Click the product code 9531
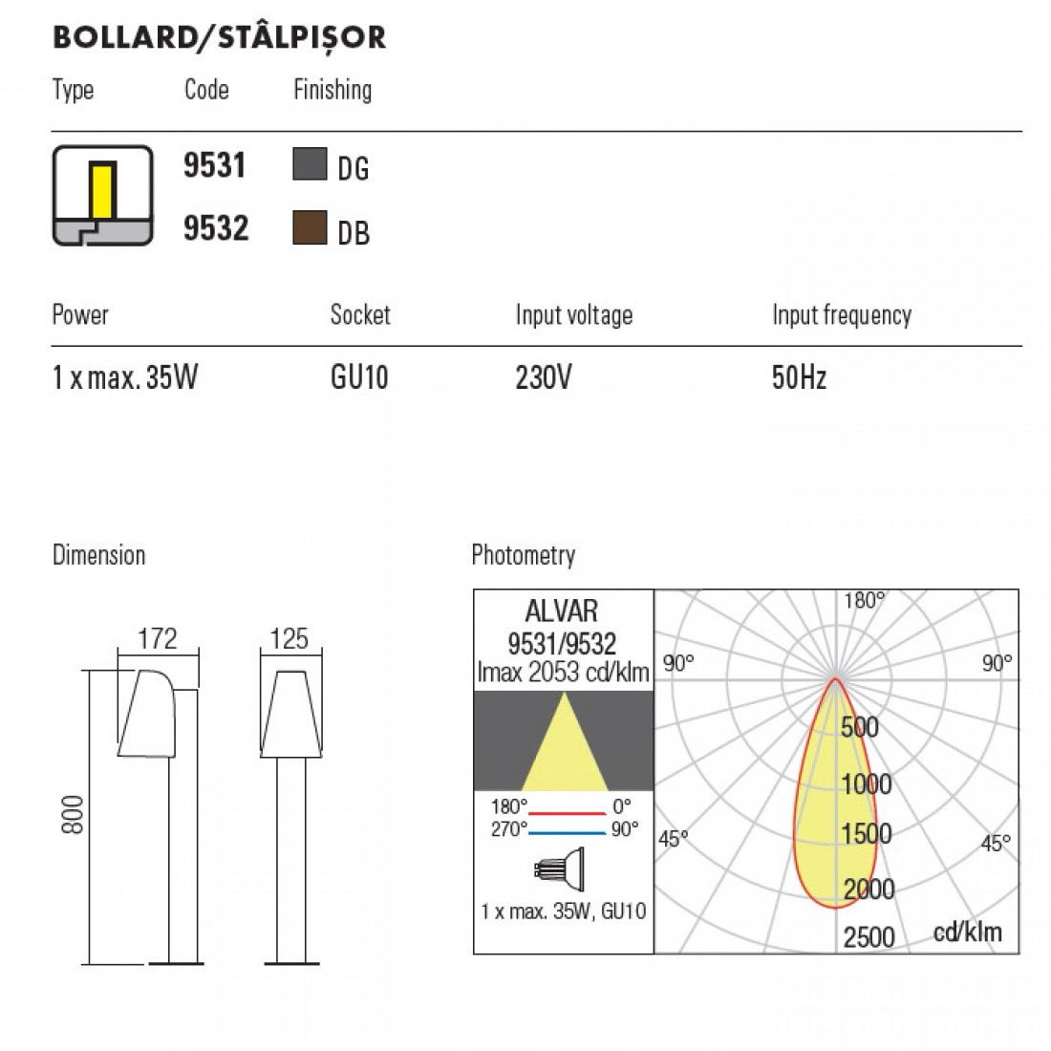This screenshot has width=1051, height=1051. pyautogui.click(x=214, y=165)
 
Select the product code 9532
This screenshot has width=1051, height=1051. pyautogui.click(x=216, y=228)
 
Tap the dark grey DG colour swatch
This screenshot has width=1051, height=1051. pyautogui.click(x=310, y=164)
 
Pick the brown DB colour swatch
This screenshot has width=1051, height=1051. pyautogui.click(x=310, y=228)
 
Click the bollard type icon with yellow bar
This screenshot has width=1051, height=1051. pyautogui.click(x=102, y=196)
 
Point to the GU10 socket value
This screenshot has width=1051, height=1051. pyautogui.click(x=359, y=377)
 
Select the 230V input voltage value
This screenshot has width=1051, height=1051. pyautogui.click(x=544, y=377)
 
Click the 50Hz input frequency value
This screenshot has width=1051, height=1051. pyautogui.click(x=799, y=377)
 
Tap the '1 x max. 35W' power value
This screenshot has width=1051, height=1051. pyautogui.click(x=125, y=377)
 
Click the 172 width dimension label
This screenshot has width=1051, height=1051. pyautogui.click(x=158, y=639)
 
